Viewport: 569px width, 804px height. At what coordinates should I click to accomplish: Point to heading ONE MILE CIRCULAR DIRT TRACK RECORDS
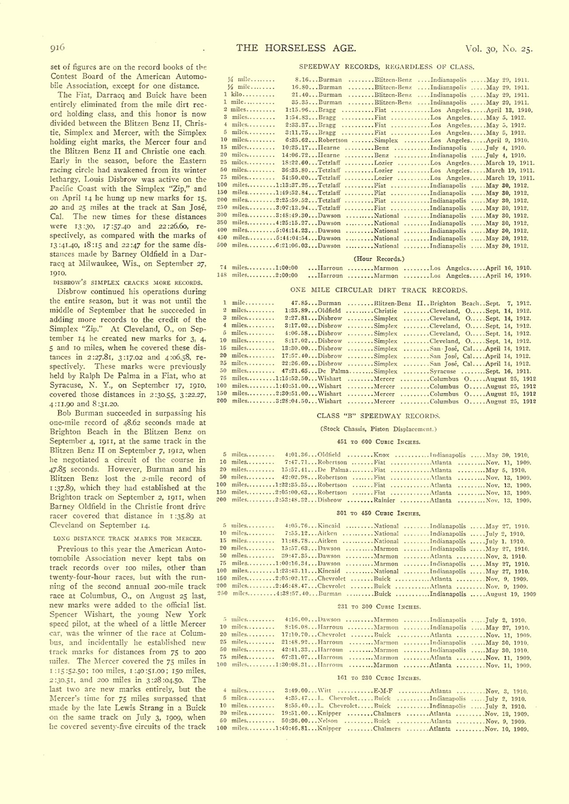(379, 290)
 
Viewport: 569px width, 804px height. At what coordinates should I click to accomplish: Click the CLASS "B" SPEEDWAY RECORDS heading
(378, 416)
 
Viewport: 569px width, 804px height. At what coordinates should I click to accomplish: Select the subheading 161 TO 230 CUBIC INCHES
(379, 678)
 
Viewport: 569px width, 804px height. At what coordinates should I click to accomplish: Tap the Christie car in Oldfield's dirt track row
(385, 311)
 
